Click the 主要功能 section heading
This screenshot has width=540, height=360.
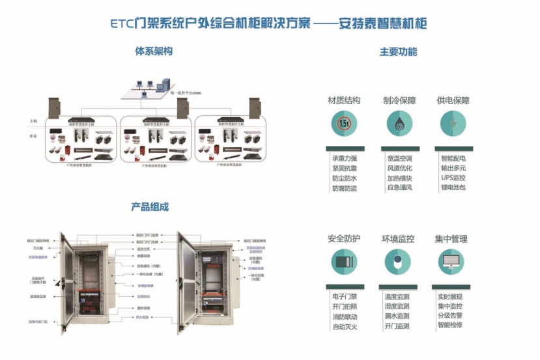pos(398,51)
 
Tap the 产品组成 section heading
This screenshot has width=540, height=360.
pos(150,206)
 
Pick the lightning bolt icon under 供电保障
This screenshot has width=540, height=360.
pos(453,122)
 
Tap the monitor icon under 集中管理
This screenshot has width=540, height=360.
pos(452,261)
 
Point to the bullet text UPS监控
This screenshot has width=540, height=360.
pos(453,178)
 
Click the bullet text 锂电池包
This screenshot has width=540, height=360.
pos(453,187)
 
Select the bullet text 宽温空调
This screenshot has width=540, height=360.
pos(399,158)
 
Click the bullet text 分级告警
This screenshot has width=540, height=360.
pos(450,316)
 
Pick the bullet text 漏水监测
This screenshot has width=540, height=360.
pos(397,316)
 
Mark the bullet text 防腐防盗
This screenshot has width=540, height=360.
pos(344,188)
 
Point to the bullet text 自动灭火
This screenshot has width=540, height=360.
pos(344,326)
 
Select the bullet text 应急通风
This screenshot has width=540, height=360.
pos(399,187)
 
